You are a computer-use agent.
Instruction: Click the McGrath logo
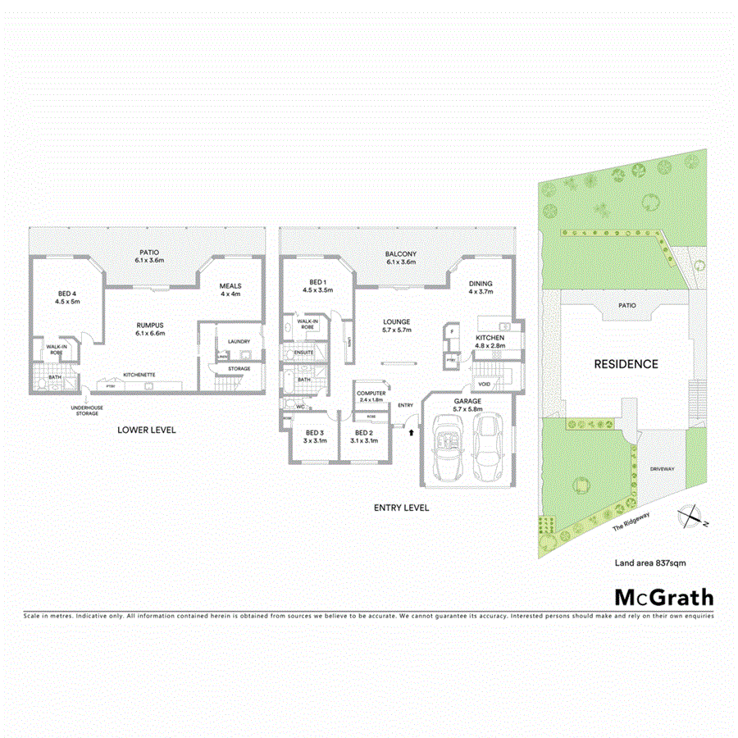tap(664, 597)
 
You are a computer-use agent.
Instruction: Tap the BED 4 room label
tap(66, 294)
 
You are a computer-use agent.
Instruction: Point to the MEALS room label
tap(229, 286)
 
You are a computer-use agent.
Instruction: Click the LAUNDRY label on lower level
tap(239, 341)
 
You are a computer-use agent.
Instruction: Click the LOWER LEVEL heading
tap(146, 430)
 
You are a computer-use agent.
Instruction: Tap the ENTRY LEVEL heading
tap(401, 508)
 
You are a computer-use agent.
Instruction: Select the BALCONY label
tap(401, 254)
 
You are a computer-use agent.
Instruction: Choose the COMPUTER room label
tap(371, 394)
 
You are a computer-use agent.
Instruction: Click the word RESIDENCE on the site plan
tap(626, 364)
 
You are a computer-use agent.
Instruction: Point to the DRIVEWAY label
tap(662, 468)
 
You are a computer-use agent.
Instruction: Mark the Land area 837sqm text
tap(650, 563)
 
